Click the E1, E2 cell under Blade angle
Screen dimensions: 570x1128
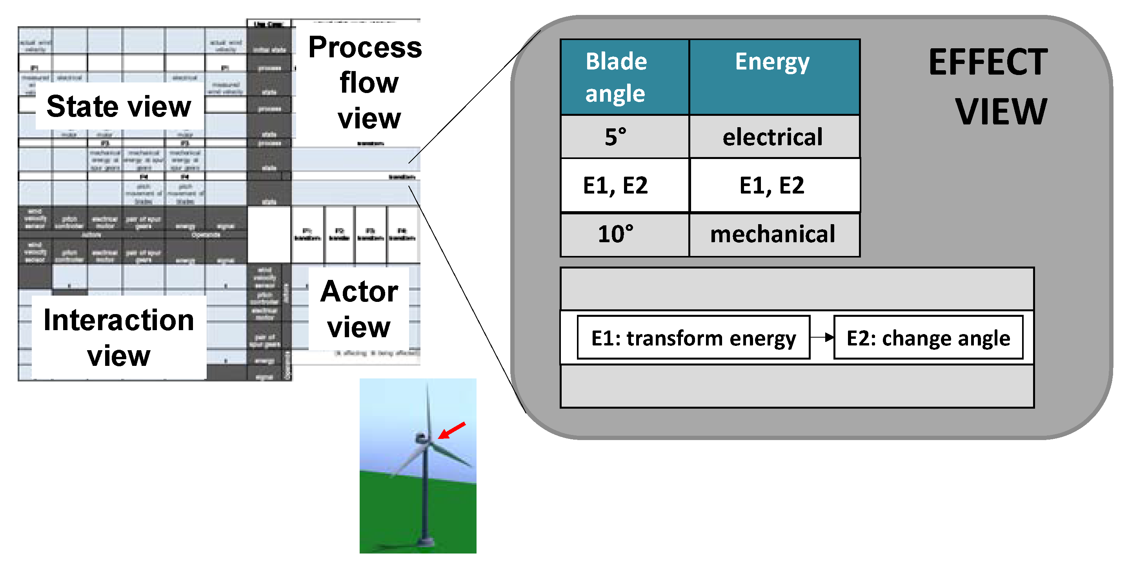tap(616, 185)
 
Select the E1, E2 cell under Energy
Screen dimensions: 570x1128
tap(772, 185)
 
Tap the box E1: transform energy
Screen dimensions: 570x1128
tap(693, 338)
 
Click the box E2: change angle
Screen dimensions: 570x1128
tap(928, 338)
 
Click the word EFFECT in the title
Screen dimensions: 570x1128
tap(988, 63)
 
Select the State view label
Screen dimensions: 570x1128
tap(119, 106)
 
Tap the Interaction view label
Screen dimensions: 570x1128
tap(119, 337)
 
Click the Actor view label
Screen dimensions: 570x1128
tap(359, 309)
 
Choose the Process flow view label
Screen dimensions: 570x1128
tap(366, 83)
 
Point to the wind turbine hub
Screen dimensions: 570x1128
tap(421, 437)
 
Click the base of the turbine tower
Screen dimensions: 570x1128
tap(424, 541)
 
